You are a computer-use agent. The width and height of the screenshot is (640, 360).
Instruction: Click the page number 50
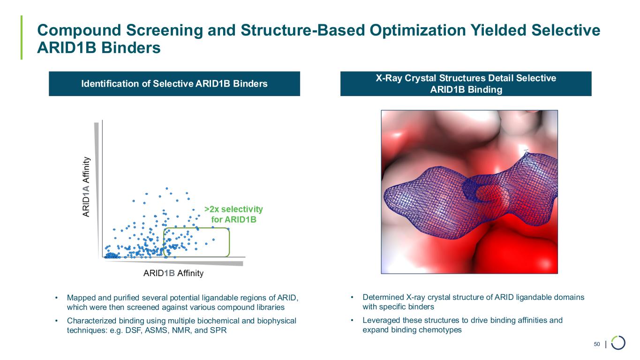pos(597,344)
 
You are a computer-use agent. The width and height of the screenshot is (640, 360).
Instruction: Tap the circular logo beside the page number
pos(618,343)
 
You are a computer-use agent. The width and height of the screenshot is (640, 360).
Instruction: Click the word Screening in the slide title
pos(164,30)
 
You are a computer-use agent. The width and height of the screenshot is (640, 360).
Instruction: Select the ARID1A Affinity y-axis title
pos(86,187)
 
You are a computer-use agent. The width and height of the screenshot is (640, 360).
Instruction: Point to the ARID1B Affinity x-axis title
pos(173,273)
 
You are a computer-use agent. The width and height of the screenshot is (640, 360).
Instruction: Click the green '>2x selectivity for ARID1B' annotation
pos(233,214)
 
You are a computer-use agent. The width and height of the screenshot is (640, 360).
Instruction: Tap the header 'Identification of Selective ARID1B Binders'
pos(174,84)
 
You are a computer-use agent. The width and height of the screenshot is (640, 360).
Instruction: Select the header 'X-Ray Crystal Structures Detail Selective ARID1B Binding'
pos(466,84)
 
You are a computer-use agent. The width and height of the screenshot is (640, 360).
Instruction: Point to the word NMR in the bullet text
pos(182,330)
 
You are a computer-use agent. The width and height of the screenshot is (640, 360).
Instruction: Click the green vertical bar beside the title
pos(22,37)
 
